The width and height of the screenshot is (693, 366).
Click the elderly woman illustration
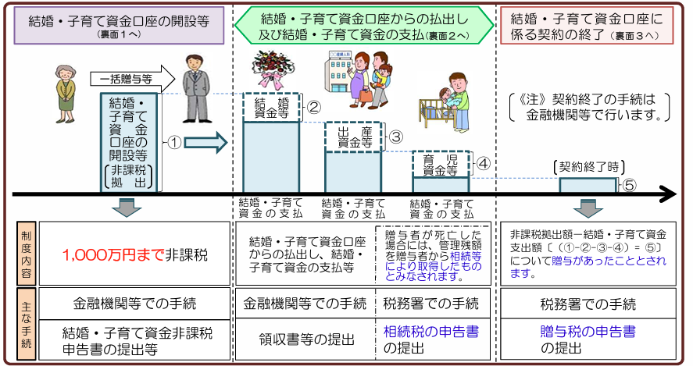pyautogui.click(x=66, y=94)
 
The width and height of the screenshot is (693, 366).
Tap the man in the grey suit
pyautogui.click(x=196, y=88)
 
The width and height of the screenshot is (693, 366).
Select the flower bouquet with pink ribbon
pyautogui.click(x=273, y=69)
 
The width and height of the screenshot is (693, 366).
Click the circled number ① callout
pyautogui.click(x=175, y=143)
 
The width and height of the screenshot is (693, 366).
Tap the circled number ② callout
pyautogui.click(x=313, y=107)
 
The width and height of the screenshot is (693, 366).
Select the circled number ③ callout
pyautogui.click(x=395, y=137)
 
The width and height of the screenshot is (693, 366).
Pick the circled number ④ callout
pyautogui.click(x=484, y=164)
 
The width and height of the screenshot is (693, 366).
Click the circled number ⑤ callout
pyautogui.click(x=630, y=186)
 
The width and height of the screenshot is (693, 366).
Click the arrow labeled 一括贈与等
pyautogui.click(x=133, y=80)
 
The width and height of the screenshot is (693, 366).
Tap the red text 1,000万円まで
pyautogui.click(x=113, y=254)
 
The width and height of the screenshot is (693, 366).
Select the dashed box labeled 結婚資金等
pyautogui.click(x=272, y=107)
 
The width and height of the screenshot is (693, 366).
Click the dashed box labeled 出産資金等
pyautogui.click(x=354, y=137)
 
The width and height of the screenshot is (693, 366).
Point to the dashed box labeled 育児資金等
pyautogui.click(x=441, y=164)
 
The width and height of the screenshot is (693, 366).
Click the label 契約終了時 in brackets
pyautogui.click(x=588, y=167)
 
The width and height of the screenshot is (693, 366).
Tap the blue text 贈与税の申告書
pyautogui.click(x=588, y=332)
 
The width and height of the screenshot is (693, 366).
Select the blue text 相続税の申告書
pyautogui.click(x=431, y=332)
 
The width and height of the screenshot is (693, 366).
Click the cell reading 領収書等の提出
pyautogui.click(x=306, y=339)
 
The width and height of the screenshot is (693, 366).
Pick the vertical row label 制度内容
pyautogui.click(x=27, y=254)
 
